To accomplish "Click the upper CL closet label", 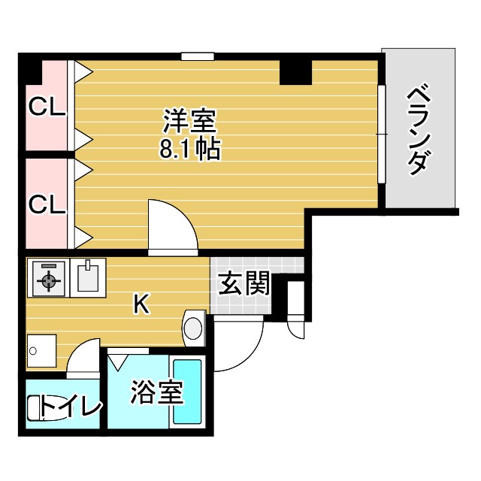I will [47, 107].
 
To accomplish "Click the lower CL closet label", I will [47, 203].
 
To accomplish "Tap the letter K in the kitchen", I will [141, 304].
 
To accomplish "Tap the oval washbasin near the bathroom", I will [194, 328].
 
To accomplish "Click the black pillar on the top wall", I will [295, 71].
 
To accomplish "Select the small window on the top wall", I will [198, 56].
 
